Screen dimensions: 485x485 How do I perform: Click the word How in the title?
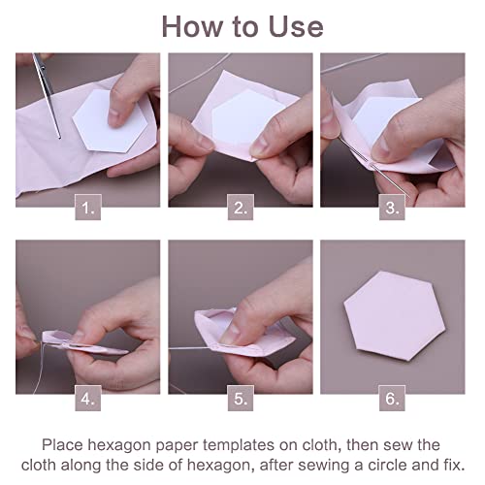pos(191,25)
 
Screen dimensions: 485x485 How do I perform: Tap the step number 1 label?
pos(88,206)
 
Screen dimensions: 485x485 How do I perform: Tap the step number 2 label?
pos(241,206)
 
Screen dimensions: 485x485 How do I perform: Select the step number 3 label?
pos(393,206)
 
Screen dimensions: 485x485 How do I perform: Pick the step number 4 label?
pos(88,397)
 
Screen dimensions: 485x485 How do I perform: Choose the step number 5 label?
pos(241,397)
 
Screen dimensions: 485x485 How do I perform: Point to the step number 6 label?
pos(393,397)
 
